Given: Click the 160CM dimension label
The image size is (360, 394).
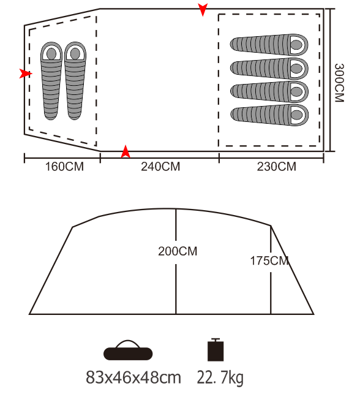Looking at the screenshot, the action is point(64,167).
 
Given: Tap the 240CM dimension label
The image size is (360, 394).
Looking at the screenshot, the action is point(160,167).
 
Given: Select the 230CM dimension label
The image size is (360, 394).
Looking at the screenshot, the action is point(276,167).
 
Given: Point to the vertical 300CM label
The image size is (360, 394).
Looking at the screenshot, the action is point(339,83).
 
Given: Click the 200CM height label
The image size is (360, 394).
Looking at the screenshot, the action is point(178,251).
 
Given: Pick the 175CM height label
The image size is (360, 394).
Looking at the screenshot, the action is point(269,260).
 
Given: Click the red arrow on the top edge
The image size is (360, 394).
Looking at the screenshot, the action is point(203,9).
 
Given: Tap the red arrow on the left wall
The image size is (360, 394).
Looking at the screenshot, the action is point(26,74).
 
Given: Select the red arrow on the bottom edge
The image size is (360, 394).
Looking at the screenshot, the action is point(126,152).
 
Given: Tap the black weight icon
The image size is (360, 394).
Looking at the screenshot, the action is point(216,350).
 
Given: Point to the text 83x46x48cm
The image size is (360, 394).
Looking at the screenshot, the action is point(133,377).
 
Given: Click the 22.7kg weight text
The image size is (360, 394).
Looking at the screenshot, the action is point(220,377).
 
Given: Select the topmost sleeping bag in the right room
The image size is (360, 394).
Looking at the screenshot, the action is point(269,45).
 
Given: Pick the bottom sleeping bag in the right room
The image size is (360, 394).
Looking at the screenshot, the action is point(269,115).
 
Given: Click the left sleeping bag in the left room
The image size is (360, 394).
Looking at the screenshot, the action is point(51,81).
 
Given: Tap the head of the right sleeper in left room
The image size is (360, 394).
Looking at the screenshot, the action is point(75,53).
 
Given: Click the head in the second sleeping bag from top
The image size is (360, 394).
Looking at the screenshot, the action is point(296,69).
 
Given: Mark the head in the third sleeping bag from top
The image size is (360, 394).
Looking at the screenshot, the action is point(296,91).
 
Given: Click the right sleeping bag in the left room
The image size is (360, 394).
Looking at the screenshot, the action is point(75,81).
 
